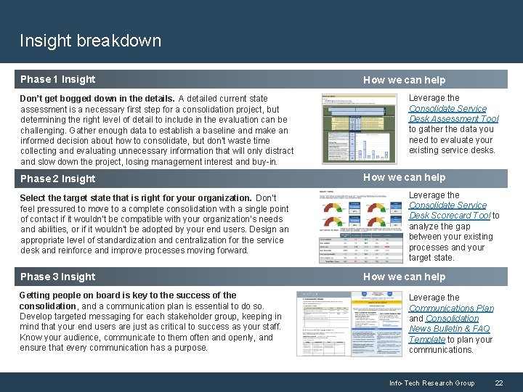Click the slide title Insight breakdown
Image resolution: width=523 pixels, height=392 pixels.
point(90,41)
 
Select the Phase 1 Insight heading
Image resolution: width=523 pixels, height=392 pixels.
point(57,79)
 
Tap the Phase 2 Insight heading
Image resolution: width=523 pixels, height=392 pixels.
point(57,179)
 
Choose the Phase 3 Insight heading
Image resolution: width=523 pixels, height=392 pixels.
point(57,277)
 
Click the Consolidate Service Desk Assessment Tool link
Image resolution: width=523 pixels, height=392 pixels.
point(453,113)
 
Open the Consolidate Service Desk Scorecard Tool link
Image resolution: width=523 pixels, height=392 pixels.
point(450,211)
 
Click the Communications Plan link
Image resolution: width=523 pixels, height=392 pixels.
point(451,308)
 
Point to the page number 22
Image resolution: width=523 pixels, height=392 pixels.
point(498,383)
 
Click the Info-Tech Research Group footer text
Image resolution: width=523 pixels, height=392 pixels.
point(431,383)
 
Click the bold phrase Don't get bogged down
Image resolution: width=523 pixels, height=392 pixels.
point(97,98)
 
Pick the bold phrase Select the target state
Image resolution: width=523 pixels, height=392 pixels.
point(135,198)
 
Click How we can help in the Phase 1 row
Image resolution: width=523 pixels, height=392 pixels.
point(404,80)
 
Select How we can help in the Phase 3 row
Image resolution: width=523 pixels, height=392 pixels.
point(404,277)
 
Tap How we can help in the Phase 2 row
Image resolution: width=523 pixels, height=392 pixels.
point(404,177)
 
